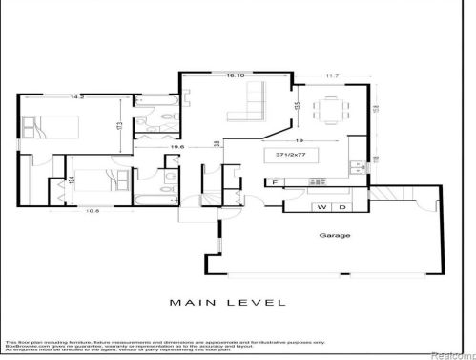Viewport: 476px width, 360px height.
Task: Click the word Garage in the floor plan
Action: (335, 235)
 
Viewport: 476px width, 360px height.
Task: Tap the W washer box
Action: (321, 207)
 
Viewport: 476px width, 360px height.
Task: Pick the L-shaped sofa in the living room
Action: (249, 103)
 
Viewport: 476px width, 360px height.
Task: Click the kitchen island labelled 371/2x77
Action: (315, 154)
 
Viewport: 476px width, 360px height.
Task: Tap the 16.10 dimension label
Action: (235, 74)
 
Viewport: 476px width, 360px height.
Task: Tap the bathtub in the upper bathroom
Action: (151, 99)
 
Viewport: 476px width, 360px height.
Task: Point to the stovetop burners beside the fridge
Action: (315, 181)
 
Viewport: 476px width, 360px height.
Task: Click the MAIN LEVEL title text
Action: (228, 303)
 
